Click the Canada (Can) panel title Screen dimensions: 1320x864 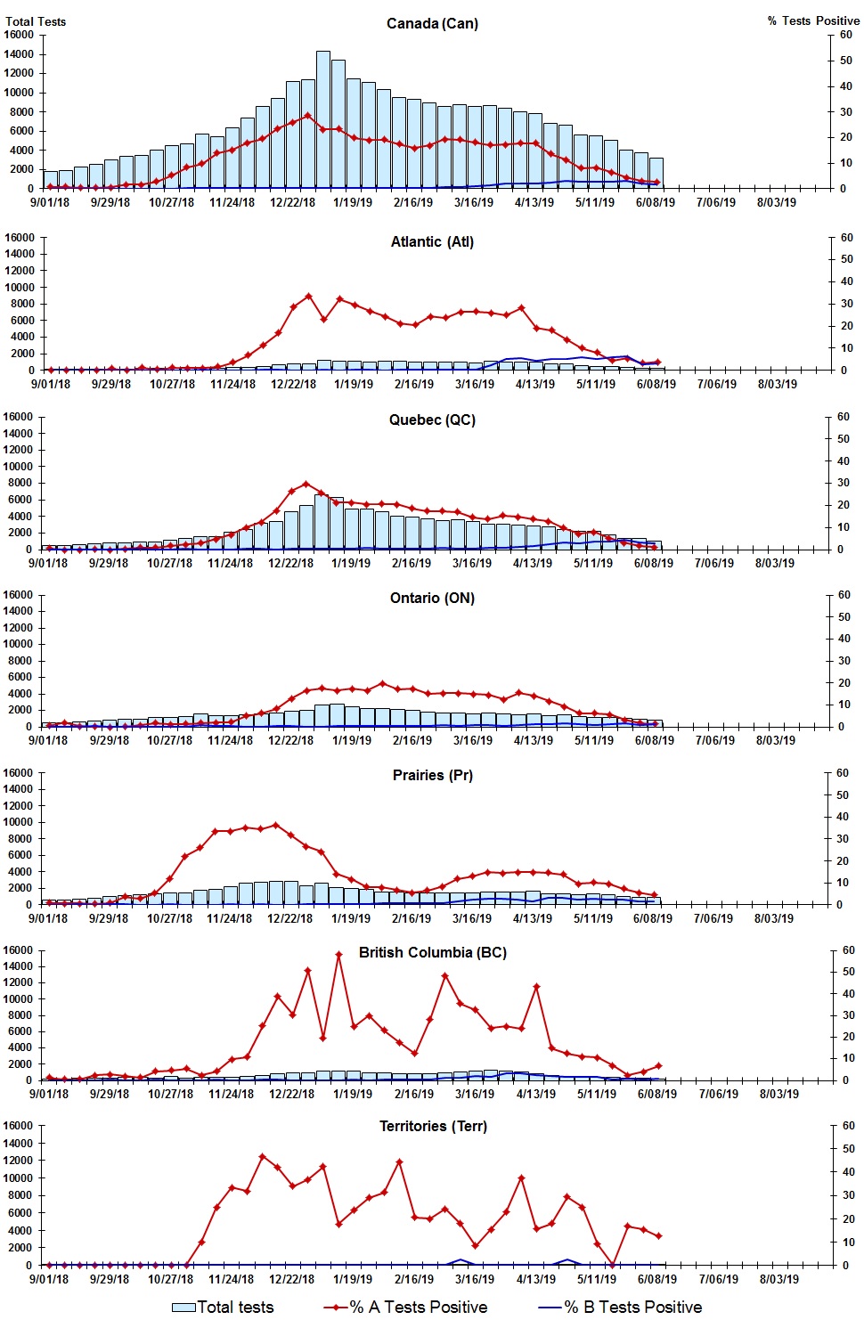432,23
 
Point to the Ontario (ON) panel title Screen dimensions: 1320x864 432,598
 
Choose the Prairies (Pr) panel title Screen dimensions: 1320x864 432,775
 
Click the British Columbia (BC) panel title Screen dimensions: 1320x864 432,952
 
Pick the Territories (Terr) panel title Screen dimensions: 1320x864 432,1126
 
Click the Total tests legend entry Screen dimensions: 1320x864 224,1307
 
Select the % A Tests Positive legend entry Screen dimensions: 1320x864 406,1307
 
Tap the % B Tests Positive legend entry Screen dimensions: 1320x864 621,1307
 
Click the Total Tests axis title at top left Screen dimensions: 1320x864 36,21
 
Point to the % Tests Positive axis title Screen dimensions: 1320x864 813,20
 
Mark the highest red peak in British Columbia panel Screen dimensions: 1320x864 338,955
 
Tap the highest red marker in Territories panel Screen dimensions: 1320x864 262,1156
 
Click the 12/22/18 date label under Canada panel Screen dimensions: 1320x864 292,202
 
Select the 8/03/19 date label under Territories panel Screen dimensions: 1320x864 778,1279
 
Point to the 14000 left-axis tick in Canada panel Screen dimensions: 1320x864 19,54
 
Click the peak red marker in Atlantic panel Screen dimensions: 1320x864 308,297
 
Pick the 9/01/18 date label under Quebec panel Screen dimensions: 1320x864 48,563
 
